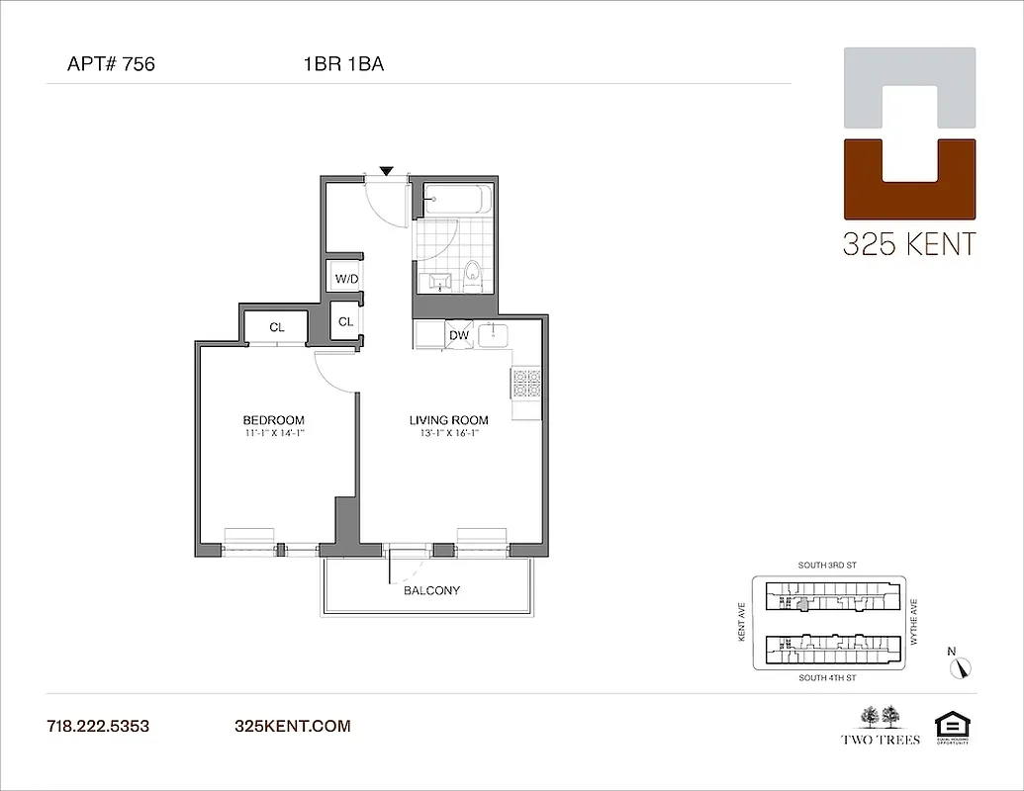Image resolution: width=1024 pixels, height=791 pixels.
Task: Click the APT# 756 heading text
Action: [111, 65]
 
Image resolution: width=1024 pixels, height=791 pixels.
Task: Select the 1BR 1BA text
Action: [343, 65]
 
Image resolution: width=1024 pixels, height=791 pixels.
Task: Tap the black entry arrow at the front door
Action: [387, 171]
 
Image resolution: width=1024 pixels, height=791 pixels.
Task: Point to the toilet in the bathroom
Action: [473, 274]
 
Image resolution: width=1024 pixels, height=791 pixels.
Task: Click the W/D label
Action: [346, 279]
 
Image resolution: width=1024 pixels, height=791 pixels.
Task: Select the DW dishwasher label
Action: [459, 335]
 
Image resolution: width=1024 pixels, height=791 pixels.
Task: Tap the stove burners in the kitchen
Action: [526, 383]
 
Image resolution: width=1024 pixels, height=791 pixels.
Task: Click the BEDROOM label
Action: [273, 420]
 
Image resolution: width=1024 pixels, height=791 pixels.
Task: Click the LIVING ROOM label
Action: [448, 420]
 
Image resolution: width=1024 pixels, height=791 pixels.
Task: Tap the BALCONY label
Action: [431, 590]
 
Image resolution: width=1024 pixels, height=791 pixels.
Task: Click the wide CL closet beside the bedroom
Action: [278, 326]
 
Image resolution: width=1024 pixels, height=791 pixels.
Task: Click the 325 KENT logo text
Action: [908, 244]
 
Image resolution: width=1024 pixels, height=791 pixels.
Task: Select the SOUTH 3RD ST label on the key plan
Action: [826, 566]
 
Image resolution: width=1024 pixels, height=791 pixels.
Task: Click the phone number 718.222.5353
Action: [98, 726]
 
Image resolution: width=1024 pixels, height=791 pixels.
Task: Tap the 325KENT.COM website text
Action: [292, 726]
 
